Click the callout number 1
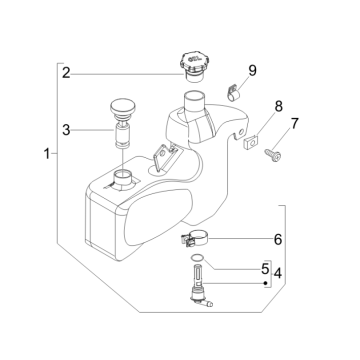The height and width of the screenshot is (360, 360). [x=47, y=154]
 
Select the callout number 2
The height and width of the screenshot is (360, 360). [x=66, y=73]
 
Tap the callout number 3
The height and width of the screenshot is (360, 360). [x=66, y=130]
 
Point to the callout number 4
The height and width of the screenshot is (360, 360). [x=277, y=274]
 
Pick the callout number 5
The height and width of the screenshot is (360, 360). [x=265, y=269]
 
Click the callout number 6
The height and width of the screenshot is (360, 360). [x=278, y=239]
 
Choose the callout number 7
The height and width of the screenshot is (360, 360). [x=294, y=123]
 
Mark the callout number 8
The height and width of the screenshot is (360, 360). [x=278, y=107]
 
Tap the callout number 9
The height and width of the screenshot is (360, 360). [x=252, y=71]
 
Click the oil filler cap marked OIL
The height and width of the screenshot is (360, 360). [x=194, y=66]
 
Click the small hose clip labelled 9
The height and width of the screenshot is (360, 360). [x=234, y=92]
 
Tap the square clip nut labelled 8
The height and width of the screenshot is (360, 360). [x=251, y=143]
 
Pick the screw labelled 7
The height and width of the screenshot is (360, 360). [x=273, y=155]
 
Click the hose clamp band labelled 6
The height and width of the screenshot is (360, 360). [x=195, y=240]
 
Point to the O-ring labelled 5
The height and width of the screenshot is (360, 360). [x=197, y=257]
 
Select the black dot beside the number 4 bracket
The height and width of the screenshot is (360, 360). [x=265, y=283]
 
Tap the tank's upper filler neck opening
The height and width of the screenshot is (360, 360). [x=195, y=99]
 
